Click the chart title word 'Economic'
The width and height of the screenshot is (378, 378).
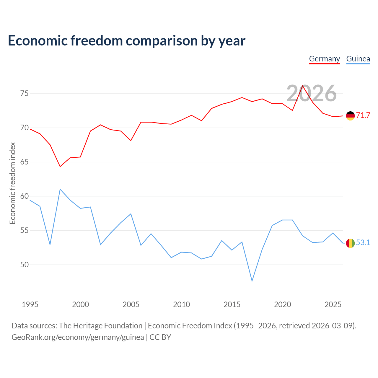(x=38, y=40)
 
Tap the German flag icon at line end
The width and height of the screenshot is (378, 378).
(x=350, y=116)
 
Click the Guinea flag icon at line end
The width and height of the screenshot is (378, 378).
(x=350, y=243)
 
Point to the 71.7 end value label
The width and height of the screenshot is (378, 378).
(x=363, y=115)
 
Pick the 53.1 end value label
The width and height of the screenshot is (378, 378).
(x=363, y=243)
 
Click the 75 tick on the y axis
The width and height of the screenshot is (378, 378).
(x=24, y=94)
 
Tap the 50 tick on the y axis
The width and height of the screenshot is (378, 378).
(x=24, y=265)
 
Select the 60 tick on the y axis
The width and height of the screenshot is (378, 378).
(x=24, y=196)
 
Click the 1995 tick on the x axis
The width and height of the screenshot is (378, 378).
(x=30, y=304)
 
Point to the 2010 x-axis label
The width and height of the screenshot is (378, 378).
(x=181, y=304)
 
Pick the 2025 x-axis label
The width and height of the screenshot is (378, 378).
(x=333, y=304)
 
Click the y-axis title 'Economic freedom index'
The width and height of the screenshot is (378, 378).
(x=13, y=183)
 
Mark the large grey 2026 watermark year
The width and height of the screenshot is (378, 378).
(x=312, y=93)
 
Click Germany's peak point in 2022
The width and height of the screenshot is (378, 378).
(x=302, y=86)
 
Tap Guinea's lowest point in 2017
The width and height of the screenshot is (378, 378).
(x=252, y=281)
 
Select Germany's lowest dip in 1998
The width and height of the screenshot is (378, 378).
(x=60, y=167)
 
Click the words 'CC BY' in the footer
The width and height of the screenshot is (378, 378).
(x=160, y=337)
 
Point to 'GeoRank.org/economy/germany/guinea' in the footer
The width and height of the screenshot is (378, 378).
(x=78, y=338)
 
